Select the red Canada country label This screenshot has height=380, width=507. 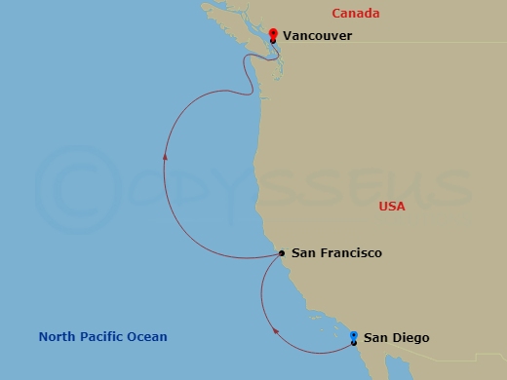355,14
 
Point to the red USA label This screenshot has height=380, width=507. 392,207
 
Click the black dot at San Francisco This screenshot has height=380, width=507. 282,253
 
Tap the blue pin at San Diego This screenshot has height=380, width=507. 353,336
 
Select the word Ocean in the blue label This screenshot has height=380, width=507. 148,337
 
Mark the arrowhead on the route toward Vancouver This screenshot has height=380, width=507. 166,156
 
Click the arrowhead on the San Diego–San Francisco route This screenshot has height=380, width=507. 276,332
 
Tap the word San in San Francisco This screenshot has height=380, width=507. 303,253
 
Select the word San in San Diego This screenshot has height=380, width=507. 375,338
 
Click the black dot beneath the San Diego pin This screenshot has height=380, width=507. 353,343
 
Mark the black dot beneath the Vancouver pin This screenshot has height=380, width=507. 273,40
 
